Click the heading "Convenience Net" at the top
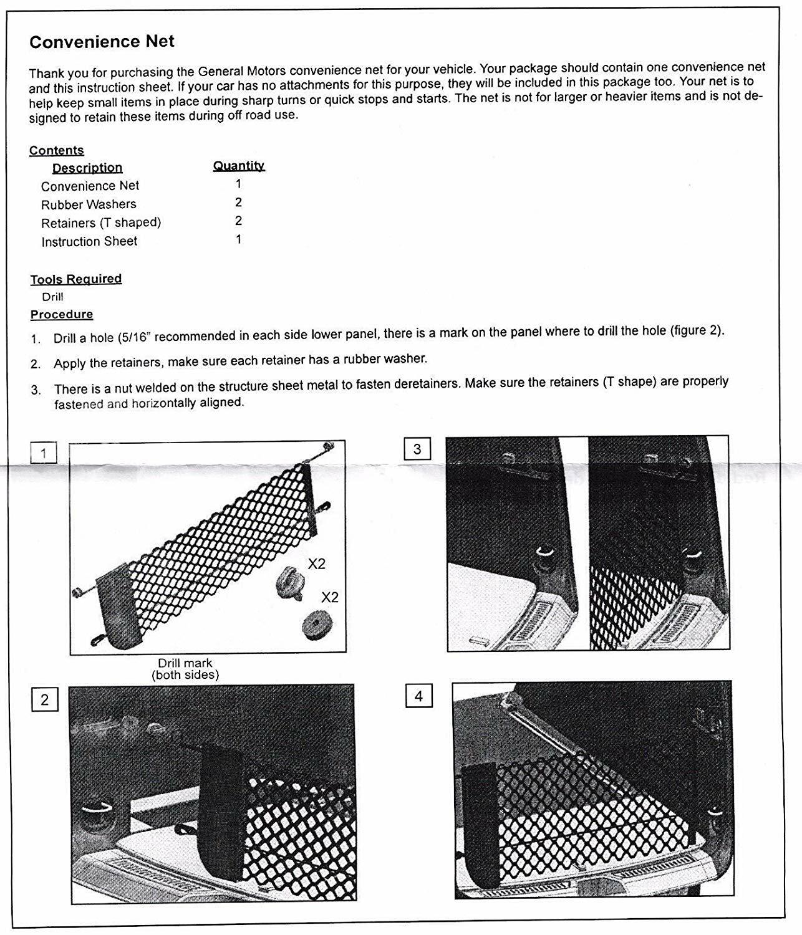pos(102,42)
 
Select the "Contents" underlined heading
pos(56,150)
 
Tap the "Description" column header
pos(87,168)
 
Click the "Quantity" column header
pos(239,165)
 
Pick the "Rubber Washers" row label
pos(89,204)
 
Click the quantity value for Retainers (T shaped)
pos(238,221)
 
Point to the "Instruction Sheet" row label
pos(89,242)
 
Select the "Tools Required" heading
pos(76,279)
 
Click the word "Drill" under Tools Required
pos(52,297)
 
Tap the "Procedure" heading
pos(62,314)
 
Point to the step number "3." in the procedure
pos(36,390)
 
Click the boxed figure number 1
pos(44,453)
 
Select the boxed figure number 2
pos(44,699)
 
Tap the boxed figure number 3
pos(417,449)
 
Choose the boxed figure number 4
pos(418,696)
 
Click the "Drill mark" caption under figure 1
pos(185,663)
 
